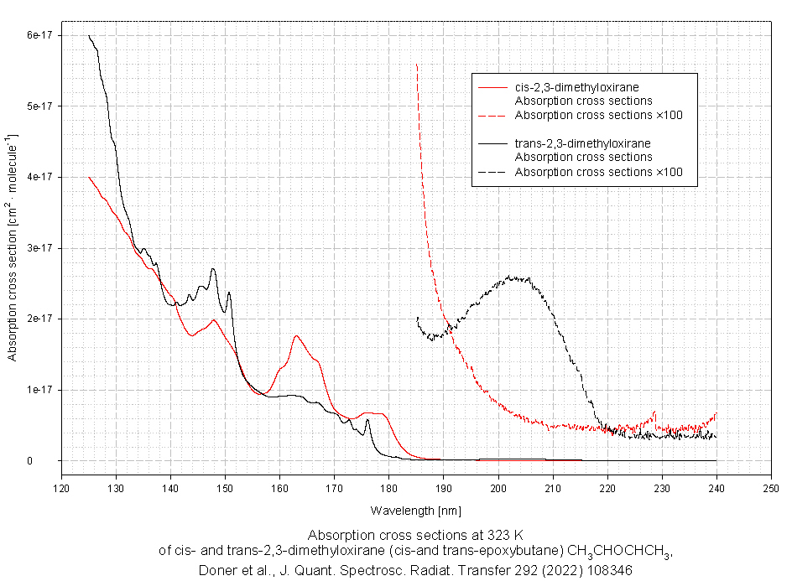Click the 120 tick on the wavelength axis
click(61, 488)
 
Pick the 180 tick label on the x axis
click(388, 488)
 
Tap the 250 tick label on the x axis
click(770, 488)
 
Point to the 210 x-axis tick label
click(552, 488)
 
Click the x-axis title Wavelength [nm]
click(416, 510)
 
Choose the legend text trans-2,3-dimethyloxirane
click(582, 143)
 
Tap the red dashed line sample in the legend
click(492, 115)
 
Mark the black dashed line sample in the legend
click(492, 172)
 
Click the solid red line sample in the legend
click(492, 87)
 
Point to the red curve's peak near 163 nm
click(296, 336)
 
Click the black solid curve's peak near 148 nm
click(213, 269)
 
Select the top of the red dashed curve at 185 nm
click(417, 65)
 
